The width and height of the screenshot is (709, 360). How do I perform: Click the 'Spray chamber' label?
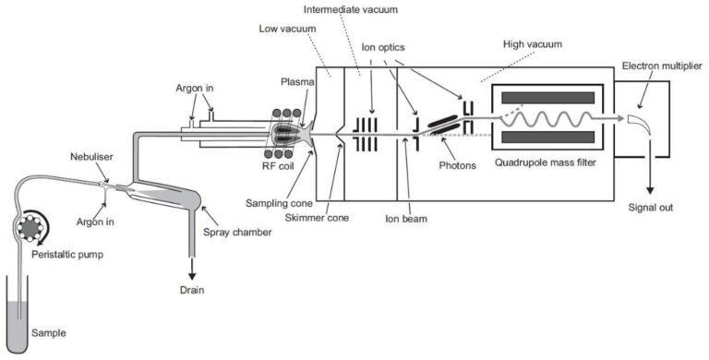click(x=245, y=233)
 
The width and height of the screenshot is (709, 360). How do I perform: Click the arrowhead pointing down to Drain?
click(x=194, y=274)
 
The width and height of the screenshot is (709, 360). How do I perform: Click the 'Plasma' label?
click(x=295, y=81)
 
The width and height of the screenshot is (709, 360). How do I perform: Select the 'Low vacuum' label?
click(x=284, y=29)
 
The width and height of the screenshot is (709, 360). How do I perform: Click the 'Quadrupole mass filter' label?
click(x=540, y=166)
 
